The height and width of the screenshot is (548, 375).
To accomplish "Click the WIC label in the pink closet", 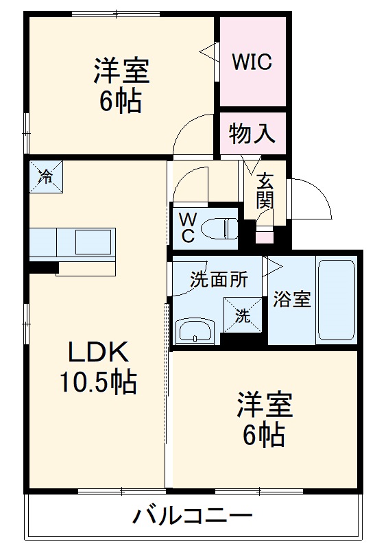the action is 252,62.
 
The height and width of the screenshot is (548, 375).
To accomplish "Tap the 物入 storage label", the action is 252,134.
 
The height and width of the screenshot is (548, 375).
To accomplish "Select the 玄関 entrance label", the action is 265,191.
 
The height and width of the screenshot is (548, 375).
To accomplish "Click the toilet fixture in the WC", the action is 219,228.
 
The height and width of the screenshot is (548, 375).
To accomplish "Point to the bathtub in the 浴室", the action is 337,300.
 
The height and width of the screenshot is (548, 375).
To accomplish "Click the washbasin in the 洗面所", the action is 195,331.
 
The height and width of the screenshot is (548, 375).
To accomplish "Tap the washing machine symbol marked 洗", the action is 243,315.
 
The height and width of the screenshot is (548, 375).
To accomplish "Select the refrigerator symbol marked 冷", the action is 46,176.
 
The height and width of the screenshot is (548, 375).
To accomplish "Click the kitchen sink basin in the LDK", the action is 93,242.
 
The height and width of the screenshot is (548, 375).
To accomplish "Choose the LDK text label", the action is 98,352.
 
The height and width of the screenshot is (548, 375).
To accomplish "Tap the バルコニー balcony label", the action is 192,516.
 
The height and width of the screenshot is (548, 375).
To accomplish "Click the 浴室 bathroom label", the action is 292,299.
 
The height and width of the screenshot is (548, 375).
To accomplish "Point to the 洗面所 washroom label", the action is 219,279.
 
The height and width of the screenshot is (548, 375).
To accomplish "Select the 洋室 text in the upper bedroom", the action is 121,71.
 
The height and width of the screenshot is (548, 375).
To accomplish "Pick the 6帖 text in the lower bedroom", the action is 263,435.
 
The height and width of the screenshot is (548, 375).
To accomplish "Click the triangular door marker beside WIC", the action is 209,51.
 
